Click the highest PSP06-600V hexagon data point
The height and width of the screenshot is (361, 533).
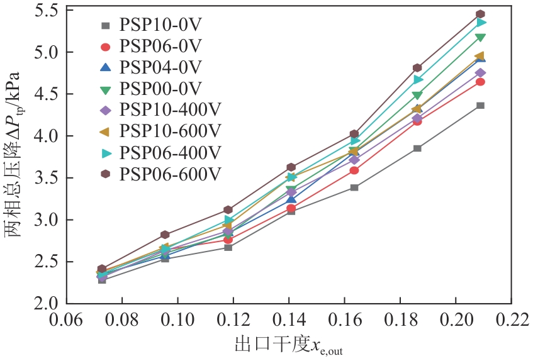pos(480,14)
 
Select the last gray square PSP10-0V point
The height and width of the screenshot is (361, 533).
pos(480,105)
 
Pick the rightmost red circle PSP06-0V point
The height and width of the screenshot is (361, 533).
pos(480,82)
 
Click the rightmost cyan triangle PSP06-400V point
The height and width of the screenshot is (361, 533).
pos(481,23)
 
